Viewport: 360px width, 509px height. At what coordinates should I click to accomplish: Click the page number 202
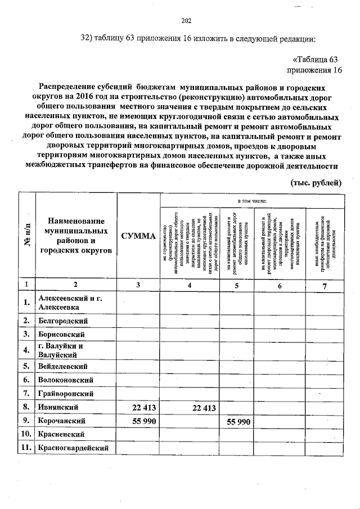(x=187, y=21)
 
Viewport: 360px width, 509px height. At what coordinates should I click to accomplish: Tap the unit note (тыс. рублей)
(x=316, y=183)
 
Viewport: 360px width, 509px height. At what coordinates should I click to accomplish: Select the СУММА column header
(x=138, y=237)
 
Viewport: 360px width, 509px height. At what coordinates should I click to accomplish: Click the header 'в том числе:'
(x=251, y=200)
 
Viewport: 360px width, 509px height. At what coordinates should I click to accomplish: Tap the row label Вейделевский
(x=62, y=366)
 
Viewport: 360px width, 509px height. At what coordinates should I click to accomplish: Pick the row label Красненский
(x=61, y=434)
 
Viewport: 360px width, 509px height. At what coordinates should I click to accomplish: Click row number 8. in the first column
(x=26, y=407)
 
